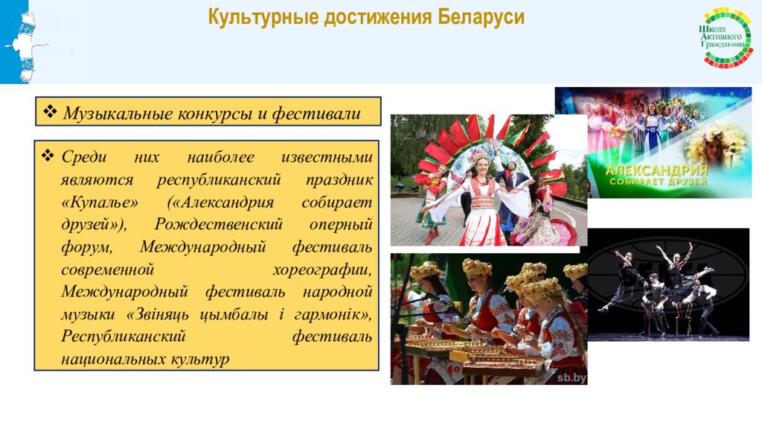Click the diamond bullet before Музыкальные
pos(51,112)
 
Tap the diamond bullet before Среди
pos(49,157)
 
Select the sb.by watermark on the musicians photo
pos(571,378)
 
